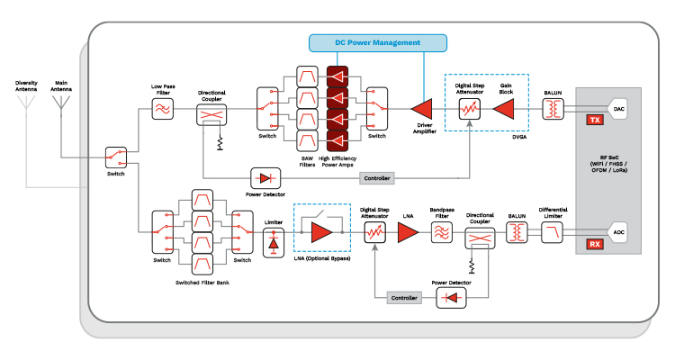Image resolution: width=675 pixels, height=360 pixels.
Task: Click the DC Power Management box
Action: (378, 42)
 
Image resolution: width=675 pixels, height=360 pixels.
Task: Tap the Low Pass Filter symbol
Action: (163, 109)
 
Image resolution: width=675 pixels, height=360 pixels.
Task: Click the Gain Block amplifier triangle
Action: (507, 109)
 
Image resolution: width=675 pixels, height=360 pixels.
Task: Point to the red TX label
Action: (594, 120)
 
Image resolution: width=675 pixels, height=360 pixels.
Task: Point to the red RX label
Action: (594, 244)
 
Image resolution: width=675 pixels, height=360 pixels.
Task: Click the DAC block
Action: (618, 109)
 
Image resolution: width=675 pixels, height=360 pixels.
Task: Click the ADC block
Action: (618, 232)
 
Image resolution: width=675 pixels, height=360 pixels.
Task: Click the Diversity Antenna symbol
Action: (26, 100)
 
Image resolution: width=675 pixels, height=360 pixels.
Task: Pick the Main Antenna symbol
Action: (61, 100)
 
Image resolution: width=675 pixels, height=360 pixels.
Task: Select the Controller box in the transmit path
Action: (376, 178)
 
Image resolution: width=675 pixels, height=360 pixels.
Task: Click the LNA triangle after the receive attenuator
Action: (409, 232)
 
